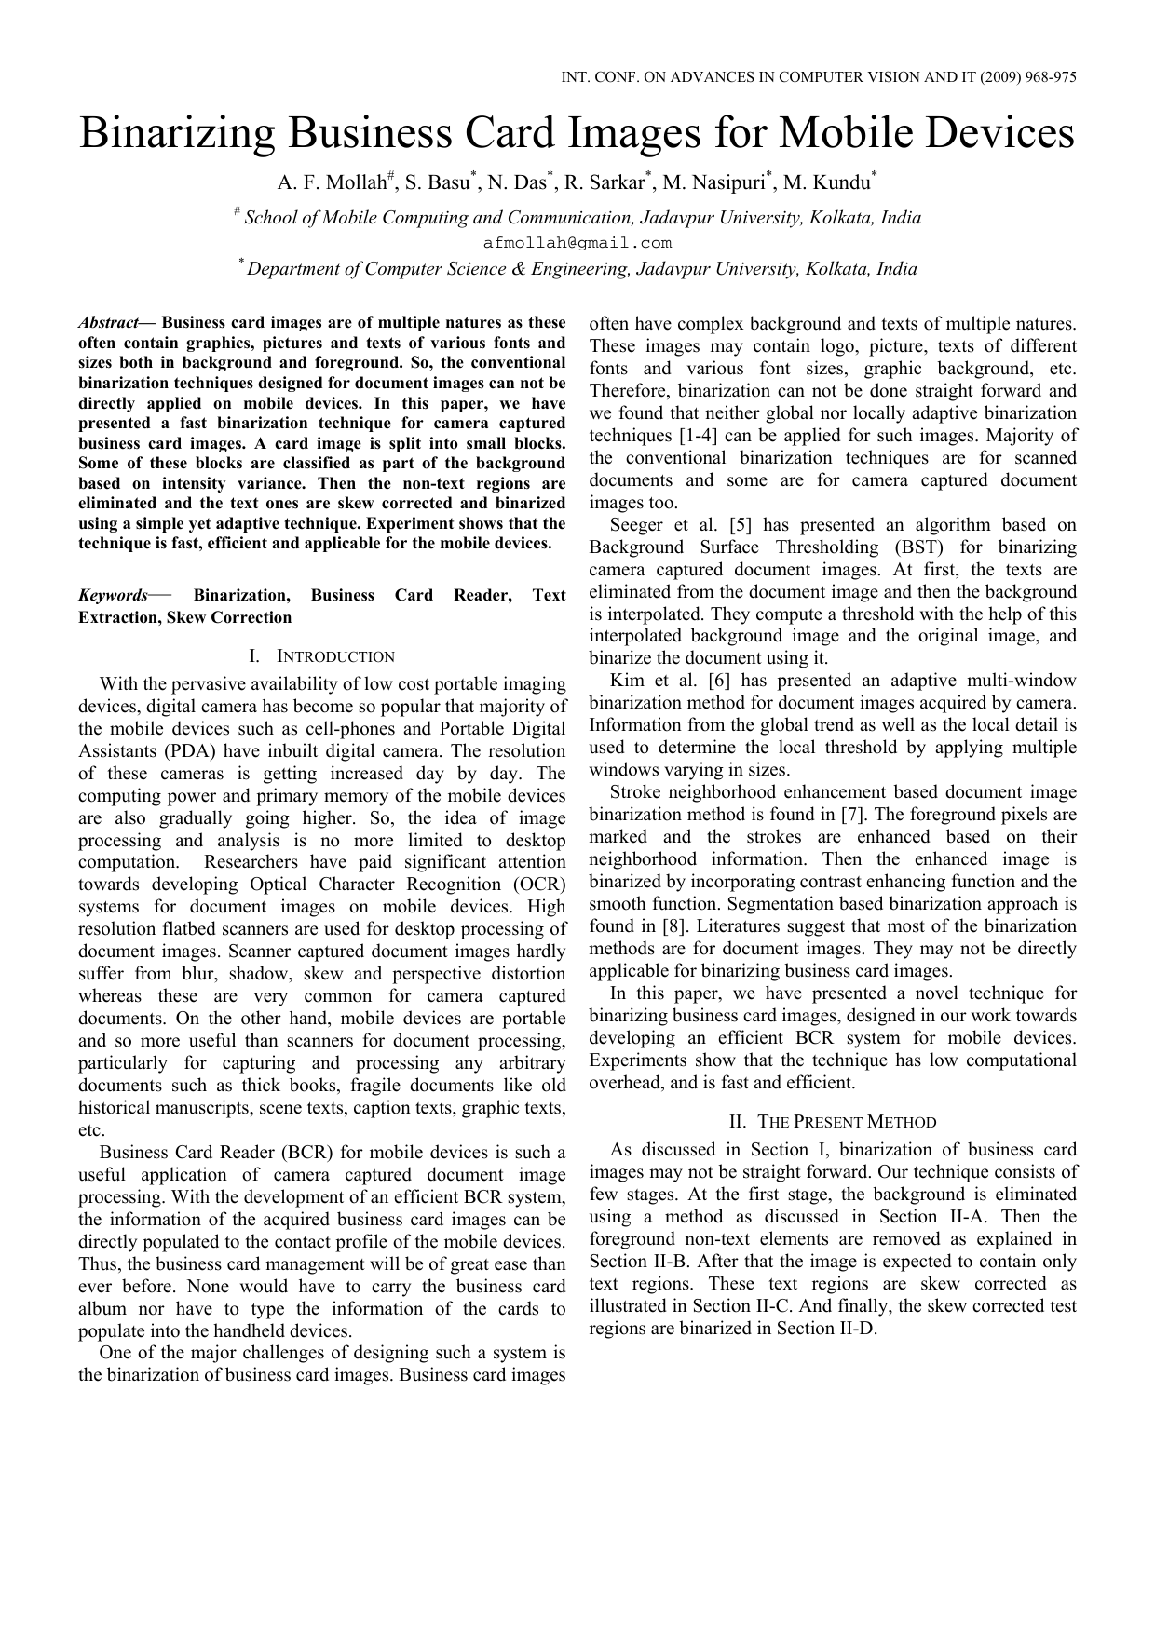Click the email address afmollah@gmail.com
(577, 243)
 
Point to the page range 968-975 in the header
(1050, 78)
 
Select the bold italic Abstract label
(107, 323)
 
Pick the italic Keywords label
(113, 596)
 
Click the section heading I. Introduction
(322, 656)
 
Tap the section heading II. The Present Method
(833, 1122)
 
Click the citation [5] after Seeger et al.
(741, 525)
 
